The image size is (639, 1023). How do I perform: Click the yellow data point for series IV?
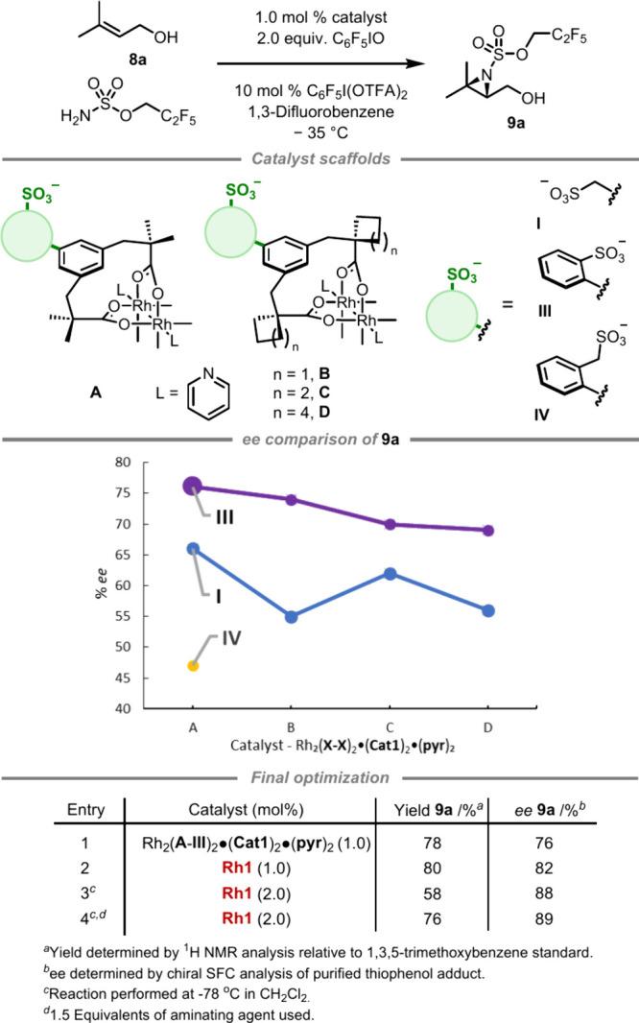pos(193,665)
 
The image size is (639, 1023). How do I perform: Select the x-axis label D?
pos(488,728)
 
